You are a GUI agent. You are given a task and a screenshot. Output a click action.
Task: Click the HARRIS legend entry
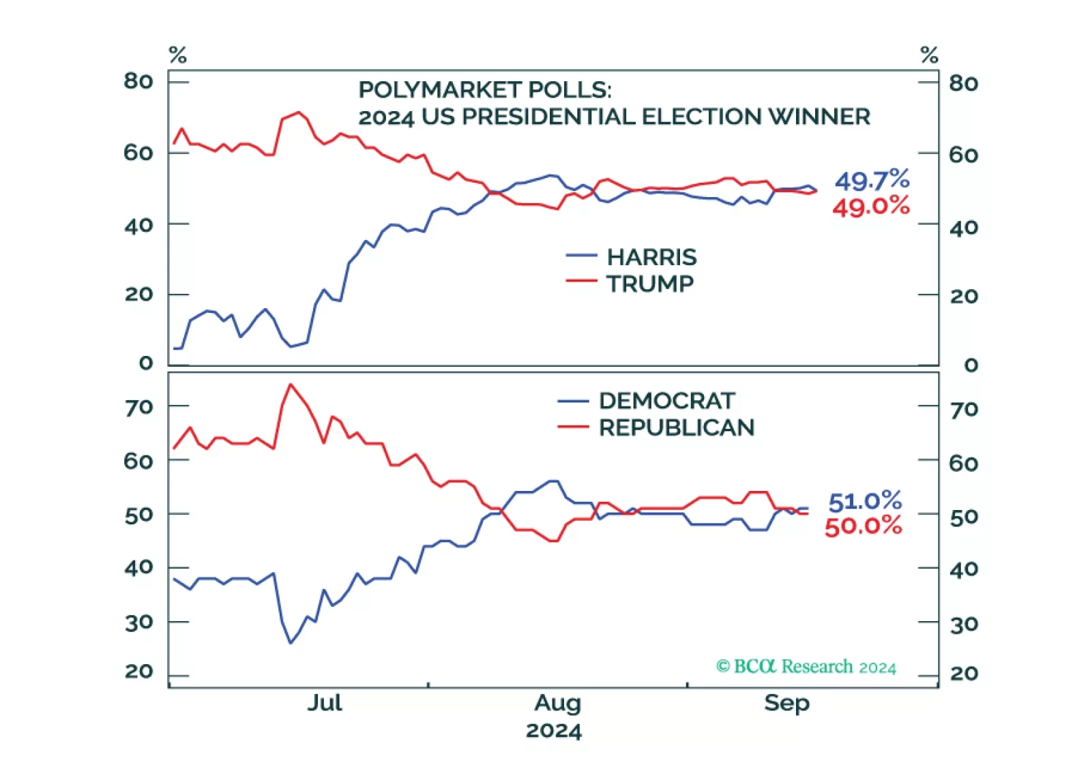click(651, 257)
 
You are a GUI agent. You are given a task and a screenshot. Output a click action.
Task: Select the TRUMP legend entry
click(649, 284)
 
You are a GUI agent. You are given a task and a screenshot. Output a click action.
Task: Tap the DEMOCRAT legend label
click(666, 401)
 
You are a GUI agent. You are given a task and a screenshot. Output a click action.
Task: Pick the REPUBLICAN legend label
click(676, 427)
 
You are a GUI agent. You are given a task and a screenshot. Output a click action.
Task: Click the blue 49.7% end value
click(872, 181)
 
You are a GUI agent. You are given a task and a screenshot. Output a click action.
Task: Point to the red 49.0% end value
click(870, 206)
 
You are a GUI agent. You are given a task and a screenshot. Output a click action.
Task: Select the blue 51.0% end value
click(865, 501)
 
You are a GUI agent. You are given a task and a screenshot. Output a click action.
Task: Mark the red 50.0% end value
click(863, 526)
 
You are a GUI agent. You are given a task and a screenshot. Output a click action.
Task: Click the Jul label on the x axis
click(324, 702)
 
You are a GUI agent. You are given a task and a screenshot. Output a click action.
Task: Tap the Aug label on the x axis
click(557, 702)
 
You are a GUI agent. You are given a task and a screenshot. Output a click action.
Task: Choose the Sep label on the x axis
click(786, 702)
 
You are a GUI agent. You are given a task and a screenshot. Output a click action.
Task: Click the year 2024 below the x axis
click(553, 730)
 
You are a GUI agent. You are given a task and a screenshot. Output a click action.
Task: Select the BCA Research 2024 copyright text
click(806, 666)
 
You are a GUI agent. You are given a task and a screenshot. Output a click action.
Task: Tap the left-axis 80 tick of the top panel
click(138, 81)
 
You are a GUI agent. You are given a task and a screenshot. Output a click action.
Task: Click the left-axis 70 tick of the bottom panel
click(138, 407)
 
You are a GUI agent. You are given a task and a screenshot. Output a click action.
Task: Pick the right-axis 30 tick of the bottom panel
click(964, 624)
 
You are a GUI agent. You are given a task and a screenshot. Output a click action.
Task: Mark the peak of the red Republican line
click(291, 385)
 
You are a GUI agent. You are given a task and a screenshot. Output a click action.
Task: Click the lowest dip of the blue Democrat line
click(291, 642)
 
